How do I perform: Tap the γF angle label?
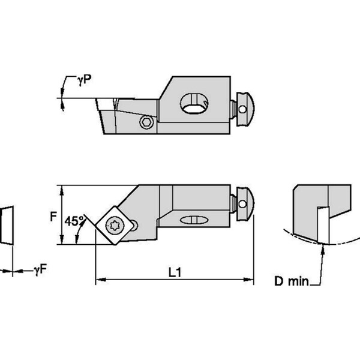point(40,271)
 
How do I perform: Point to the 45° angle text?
point(74,221)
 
